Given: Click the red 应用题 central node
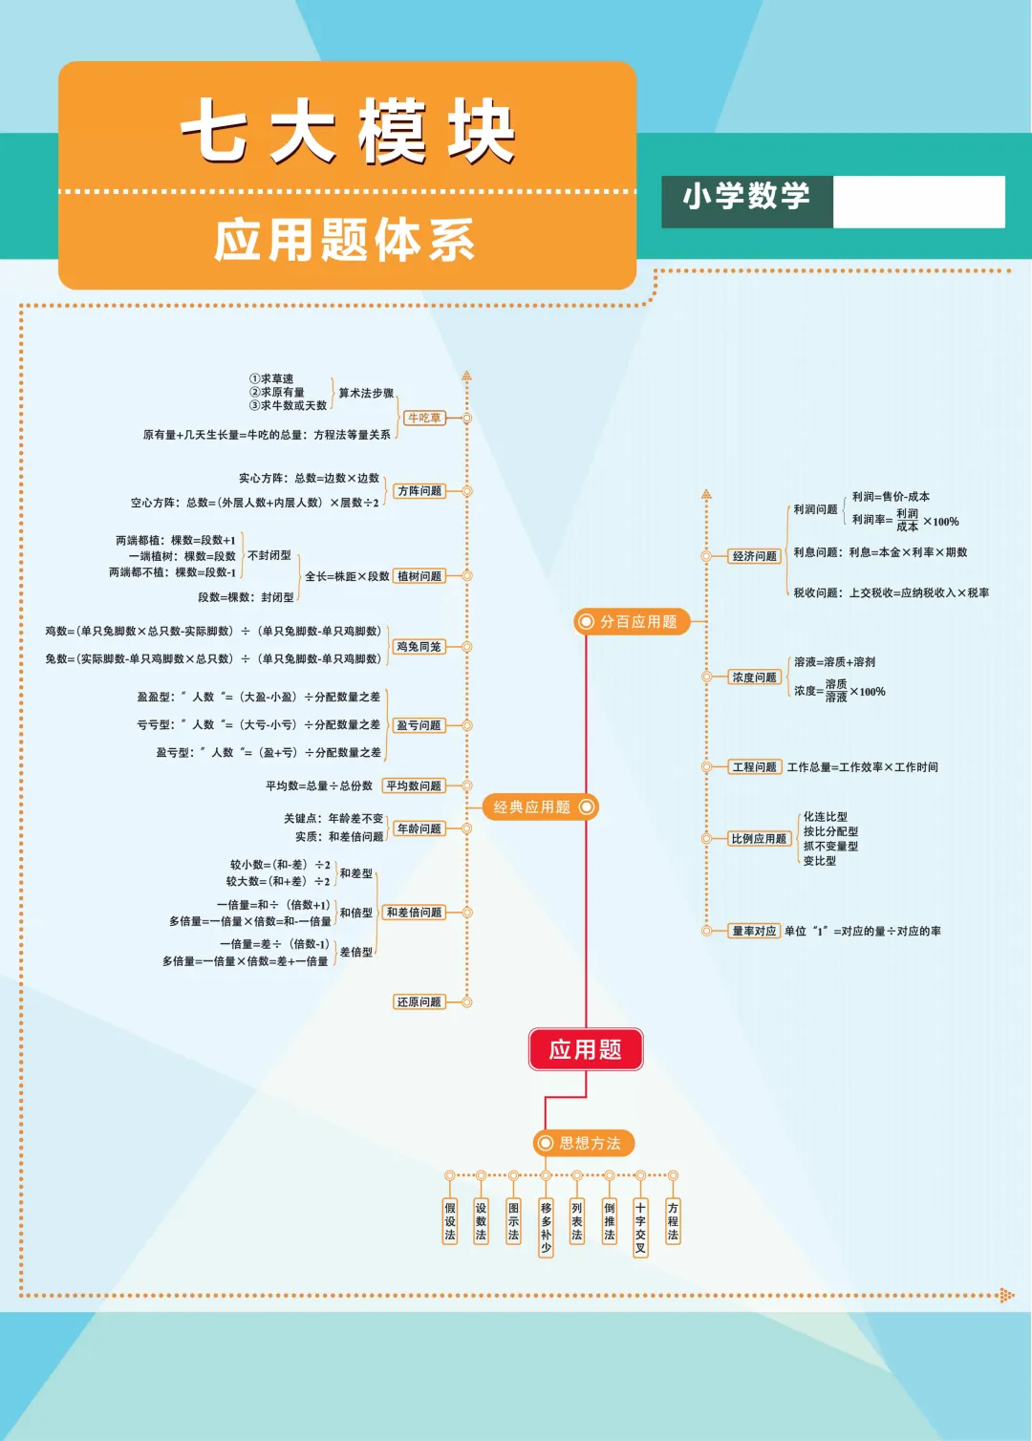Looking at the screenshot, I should tap(585, 1049).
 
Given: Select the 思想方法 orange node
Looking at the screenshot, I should tap(583, 1143).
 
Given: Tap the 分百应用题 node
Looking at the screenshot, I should tap(631, 622).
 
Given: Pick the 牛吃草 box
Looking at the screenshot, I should tap(424, 419).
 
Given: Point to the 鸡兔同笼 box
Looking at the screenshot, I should tap(419, 647).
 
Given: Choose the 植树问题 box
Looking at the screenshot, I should tap(419, 576).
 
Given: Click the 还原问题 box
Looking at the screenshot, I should tap(419, 1002).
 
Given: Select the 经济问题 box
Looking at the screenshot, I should tap(755, 556).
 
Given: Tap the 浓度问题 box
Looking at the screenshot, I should tap(755, 677).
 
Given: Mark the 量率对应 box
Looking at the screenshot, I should tap(754, 931).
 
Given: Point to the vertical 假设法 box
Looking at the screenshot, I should tap(450, 1221).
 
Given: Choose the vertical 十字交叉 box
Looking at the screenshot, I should tap(640, 1228).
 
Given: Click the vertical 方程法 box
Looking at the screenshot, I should tap(673, 1221).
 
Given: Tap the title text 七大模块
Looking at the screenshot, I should tap(348, 130).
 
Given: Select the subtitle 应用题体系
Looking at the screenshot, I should tap(345, 240).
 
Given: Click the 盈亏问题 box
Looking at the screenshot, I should tap(419, 725).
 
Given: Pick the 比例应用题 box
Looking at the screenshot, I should tap(760, 839).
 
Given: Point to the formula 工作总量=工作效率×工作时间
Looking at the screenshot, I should tap(862, 767).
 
